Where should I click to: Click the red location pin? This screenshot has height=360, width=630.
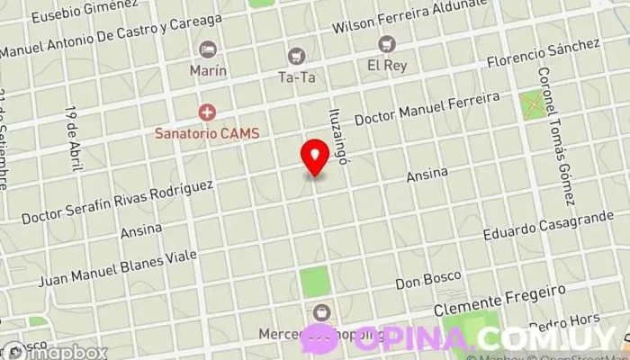click(x=315, y=157)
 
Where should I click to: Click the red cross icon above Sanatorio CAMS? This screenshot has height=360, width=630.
click(x=207, y=112)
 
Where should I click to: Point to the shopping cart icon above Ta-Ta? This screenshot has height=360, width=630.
click(x=296, y=57)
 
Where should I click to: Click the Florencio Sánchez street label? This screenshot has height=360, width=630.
click(x=542, y=54)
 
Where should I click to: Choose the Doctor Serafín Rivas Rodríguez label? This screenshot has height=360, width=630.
click(x=117, y=202)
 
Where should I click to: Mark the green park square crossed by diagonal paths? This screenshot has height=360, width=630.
click(x=534, y=104)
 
